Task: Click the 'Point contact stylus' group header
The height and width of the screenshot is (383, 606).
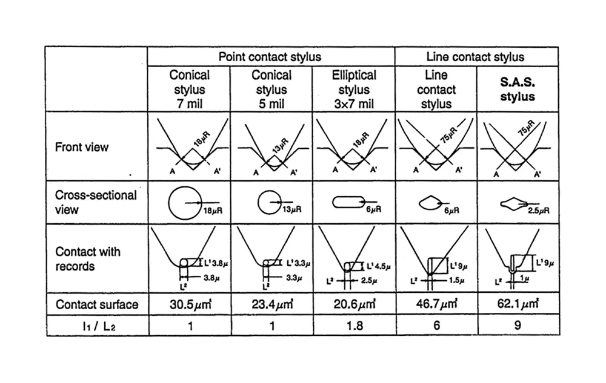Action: pyautogui.click(x=270, y=57)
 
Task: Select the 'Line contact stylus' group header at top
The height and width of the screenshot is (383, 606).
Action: pyautogui.click(x=476, y=57)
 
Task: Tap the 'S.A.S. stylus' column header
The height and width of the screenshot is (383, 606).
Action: pyautogui.click(x=518, y=89)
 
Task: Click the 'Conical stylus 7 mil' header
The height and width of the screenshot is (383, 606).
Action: pyautogui.click(x=189, y=89)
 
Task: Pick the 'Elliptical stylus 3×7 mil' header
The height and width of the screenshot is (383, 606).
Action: pyautogui.click(x=354, y=89)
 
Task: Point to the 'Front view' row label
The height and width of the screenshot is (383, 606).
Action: pyautogui.click(x=82, y=148)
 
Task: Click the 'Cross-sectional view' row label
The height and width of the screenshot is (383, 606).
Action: pyautogui.click(x=96, y=202)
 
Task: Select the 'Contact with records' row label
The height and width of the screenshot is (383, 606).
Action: pyautogui.click(x=88, y=258)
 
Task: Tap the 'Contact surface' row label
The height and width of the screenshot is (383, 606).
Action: pyautogui.click(x=97, y=304)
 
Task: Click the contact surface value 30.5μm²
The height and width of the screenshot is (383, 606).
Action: pyautogui.click(x=189, y=304)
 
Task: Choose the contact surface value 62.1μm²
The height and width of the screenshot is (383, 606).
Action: pyautogui.click(x=518, y=304)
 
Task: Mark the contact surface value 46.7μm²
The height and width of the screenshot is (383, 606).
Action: pyautogui.click(x=436, y=304)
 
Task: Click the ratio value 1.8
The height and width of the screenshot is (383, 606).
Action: pyautogui.click(x=354, y=326)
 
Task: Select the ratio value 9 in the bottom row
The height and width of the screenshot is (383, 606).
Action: pyautogui.click(x=518, y=326)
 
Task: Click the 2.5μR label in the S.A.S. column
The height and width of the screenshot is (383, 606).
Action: pyautogui.click(x=538, y=211)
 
